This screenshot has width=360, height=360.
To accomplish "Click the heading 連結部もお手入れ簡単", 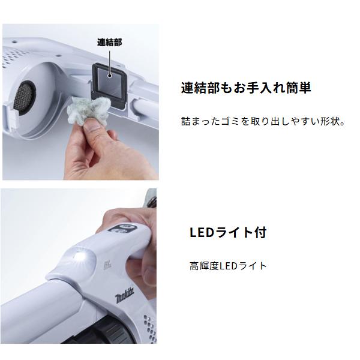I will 246,88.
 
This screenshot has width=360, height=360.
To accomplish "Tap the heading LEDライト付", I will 227,232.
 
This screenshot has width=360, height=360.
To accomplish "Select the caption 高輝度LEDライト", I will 228,265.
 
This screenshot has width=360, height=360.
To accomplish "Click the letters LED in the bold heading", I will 200,232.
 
